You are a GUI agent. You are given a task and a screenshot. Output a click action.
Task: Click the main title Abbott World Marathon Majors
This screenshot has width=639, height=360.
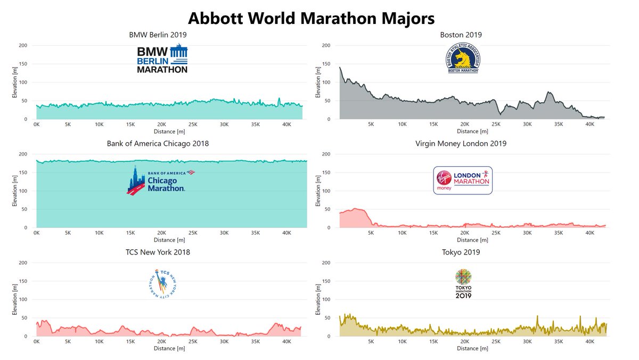pyautogui.click(x=312, y=18)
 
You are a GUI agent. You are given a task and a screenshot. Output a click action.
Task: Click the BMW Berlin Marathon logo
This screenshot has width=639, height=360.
pyautogui.click(x=162, y=59)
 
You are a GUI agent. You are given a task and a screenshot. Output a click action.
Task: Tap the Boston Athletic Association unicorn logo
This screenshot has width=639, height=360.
pyautogui.click(x=462, y=58)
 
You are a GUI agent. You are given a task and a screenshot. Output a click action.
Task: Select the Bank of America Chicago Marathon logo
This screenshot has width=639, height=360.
pyautogui.click(x=158, y=180)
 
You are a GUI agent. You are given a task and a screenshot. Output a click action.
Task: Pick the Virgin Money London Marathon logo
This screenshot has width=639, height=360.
pyautogui.click(x=463, y=180)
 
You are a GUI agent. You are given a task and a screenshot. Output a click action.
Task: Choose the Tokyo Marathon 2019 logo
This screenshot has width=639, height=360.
pyautogui.click(x=463, y=284)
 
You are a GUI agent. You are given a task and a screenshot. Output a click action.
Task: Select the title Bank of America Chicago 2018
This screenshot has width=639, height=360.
pyautogui.click(x=158, y=144)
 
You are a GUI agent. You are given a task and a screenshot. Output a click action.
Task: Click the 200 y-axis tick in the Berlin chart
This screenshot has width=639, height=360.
pyautogui.click(x=23, y=45)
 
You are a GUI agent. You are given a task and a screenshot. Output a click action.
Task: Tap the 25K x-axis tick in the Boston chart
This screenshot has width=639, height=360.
pyautogui.click(x=496, y=125)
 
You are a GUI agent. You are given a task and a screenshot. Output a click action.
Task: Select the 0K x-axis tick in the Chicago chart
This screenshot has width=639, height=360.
pyautogui.click(x=36, y=233)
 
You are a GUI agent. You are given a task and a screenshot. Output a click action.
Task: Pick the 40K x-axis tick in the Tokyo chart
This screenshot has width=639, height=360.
pyautogui.click(x=590, y=342)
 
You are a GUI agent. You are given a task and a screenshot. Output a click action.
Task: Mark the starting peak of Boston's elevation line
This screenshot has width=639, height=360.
pyautogui.click(x=340, y=67)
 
